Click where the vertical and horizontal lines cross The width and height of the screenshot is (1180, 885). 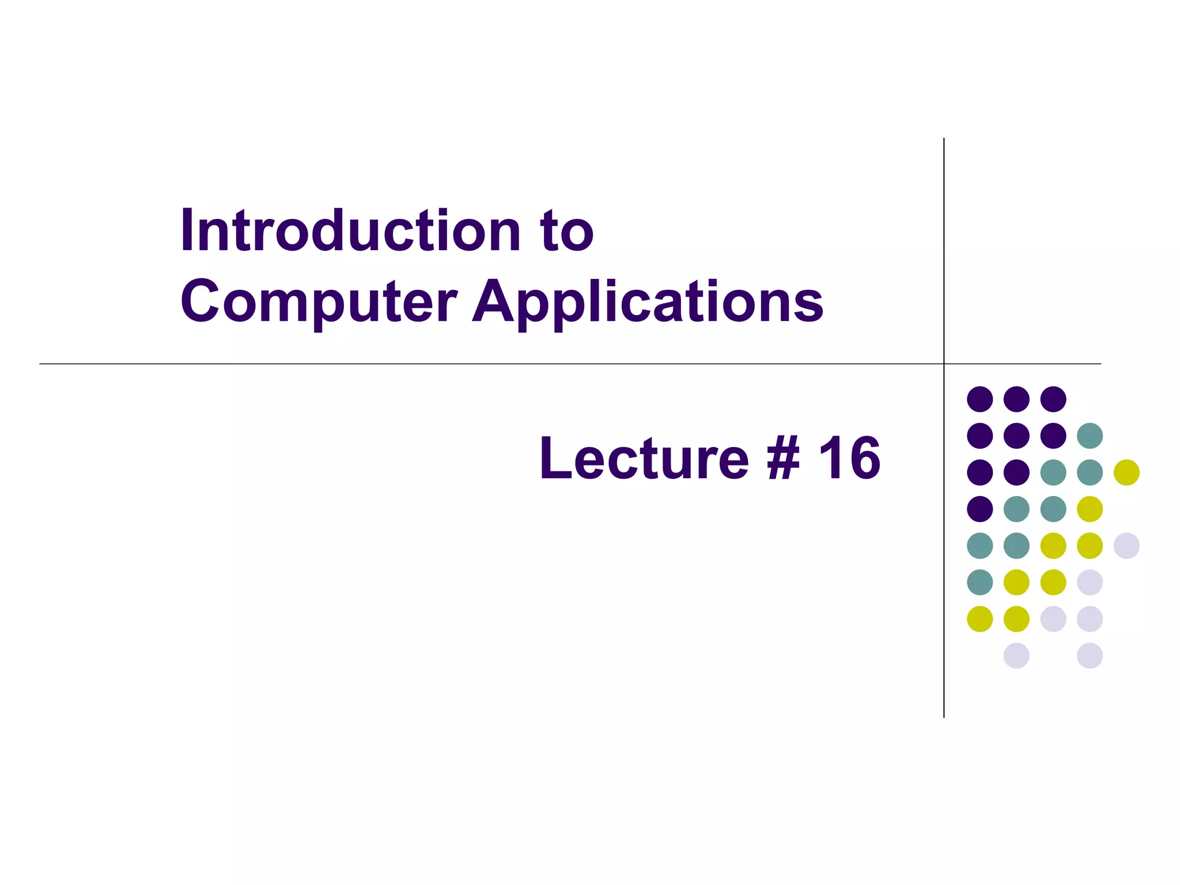tap(944, 364)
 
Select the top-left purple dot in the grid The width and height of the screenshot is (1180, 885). tap(979, 399)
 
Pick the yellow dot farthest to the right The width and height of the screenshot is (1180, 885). tap(1126, 472)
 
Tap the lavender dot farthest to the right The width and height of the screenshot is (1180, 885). tap(1126, 546)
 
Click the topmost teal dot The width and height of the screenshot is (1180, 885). tap(1090, 436)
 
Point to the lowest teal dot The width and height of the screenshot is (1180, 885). tap(979, 582)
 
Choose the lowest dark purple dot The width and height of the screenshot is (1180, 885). tap(979, 509)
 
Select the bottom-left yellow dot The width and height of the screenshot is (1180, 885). tap(979, 619)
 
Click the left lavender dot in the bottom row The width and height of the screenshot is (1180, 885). tap(1016, 656)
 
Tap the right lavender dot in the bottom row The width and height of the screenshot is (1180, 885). tap(1090, 656)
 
